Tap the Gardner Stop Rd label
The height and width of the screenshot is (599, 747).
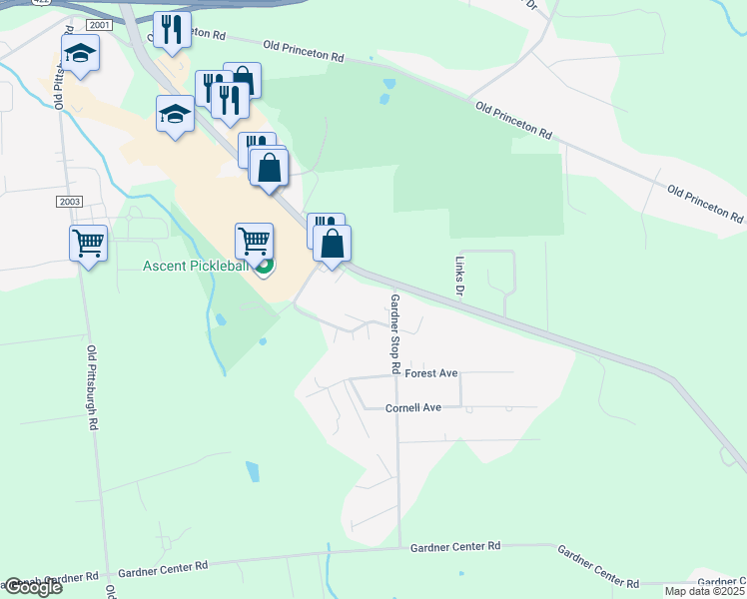pyautogui.click(x=395, y=333)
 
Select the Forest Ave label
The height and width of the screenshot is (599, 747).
pyautogui.click(x=431, y=373)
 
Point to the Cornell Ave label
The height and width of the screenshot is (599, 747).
pyautogui.click(x=413, y=407)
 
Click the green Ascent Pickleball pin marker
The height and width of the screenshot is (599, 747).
pyautogui.click(x=264, y=266)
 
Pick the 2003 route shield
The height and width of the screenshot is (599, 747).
pyautogui.click(x=69, y=201)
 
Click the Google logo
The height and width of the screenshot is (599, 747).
pyautogui.click(x=32, y=587)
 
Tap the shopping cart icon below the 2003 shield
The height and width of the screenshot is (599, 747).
pyautogui.click(x=88, y=242)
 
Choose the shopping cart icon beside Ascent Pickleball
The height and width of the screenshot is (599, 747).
pyautogui.click(x=254, y=240)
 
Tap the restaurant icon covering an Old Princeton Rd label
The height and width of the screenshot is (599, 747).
pyautogui.click(x=172, y=30)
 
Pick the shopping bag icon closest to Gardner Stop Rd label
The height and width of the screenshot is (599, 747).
pyautogui.click(x=332, y=243)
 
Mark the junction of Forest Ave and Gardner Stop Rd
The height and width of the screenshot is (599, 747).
pyautogui.click(x=396, y=376)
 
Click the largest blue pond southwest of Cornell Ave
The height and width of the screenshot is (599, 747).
pyautogui.click(x=252, y=470)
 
